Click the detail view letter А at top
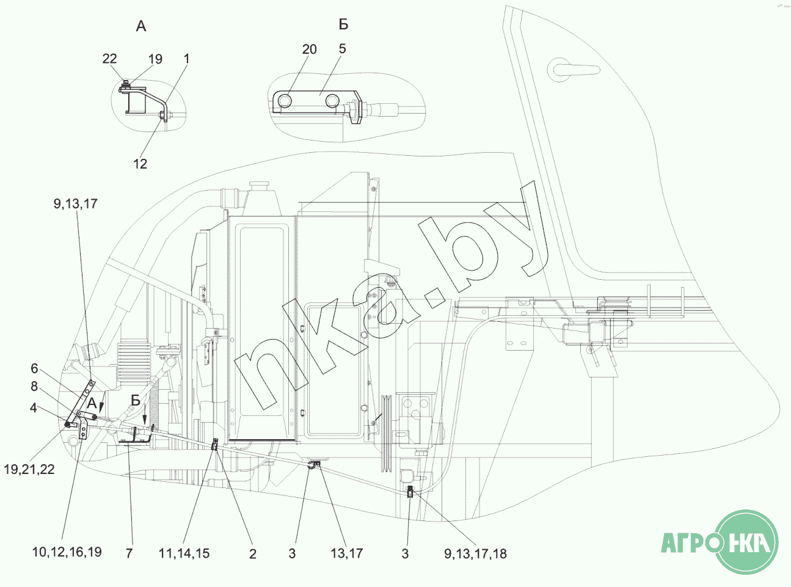141,26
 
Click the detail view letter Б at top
343,24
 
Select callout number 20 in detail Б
309,49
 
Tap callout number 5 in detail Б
343,48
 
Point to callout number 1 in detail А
186,59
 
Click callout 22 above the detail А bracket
109,59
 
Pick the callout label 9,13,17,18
475,553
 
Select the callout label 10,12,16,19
67,552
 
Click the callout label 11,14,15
184,553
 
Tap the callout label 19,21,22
29,469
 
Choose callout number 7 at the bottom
129,553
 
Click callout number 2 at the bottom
252,554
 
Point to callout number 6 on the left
34,368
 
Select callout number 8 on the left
34,386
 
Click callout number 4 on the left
34,407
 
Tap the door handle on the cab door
574,69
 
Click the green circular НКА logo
746,542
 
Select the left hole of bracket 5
285,101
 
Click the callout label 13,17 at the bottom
347,553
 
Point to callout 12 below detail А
140,164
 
